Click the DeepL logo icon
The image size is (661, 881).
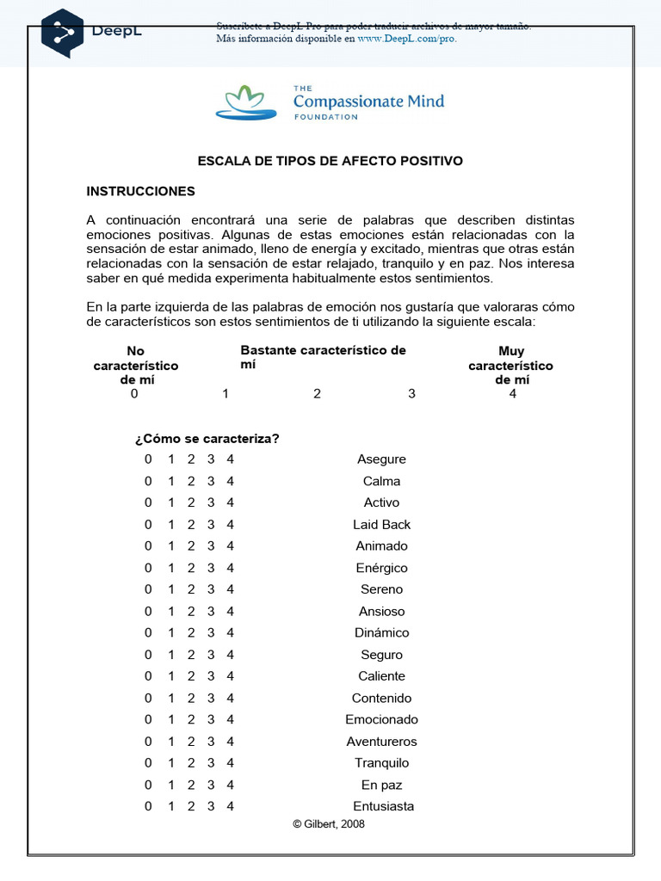point(62,32)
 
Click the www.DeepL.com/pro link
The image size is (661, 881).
point(406,39)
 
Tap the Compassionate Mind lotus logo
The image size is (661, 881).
point(246,102)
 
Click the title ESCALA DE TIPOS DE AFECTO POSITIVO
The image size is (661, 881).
point(330,161)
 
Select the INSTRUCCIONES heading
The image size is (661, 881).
point(141,191)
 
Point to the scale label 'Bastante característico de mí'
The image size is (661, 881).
point(323,357)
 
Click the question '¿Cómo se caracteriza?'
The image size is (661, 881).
point(207,439)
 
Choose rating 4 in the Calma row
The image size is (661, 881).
point(230,481)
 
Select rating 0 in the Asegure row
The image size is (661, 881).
point(148,459)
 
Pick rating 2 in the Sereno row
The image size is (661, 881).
point(190,589)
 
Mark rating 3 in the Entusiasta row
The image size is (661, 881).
point(211,806)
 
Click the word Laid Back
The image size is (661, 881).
point(381,524)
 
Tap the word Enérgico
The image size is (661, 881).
point(381,568)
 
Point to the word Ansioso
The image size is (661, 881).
point(381,611)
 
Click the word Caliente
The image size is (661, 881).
point(381,676)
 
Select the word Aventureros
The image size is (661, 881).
point(381,741)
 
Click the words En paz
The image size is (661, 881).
point(381,785)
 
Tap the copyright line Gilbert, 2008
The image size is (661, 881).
point(329,823)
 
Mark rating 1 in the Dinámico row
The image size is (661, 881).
point(170,632)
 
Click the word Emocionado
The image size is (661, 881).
point(381,719)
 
